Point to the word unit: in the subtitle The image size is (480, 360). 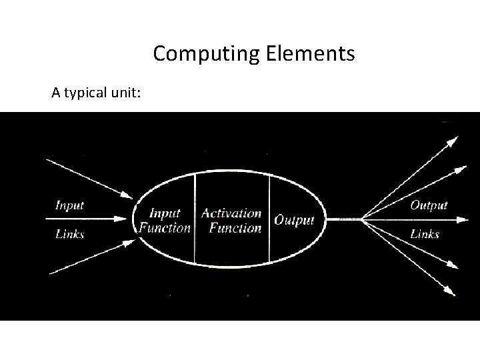(127, 93)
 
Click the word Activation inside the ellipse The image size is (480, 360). (231, 213)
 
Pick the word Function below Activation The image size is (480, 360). (235, 229)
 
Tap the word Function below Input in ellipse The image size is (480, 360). (165, 228)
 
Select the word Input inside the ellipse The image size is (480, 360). (165, 213)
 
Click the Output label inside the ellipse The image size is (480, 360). (294, 220)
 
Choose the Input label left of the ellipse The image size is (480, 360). (69, 205)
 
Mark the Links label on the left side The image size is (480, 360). (69, 234)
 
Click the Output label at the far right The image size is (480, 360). (429, 205)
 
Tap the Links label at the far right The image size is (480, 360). (425, 234)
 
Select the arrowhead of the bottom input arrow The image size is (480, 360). (128, 241)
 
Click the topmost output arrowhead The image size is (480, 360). (453, 140)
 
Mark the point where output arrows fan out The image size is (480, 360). (362, 219)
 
